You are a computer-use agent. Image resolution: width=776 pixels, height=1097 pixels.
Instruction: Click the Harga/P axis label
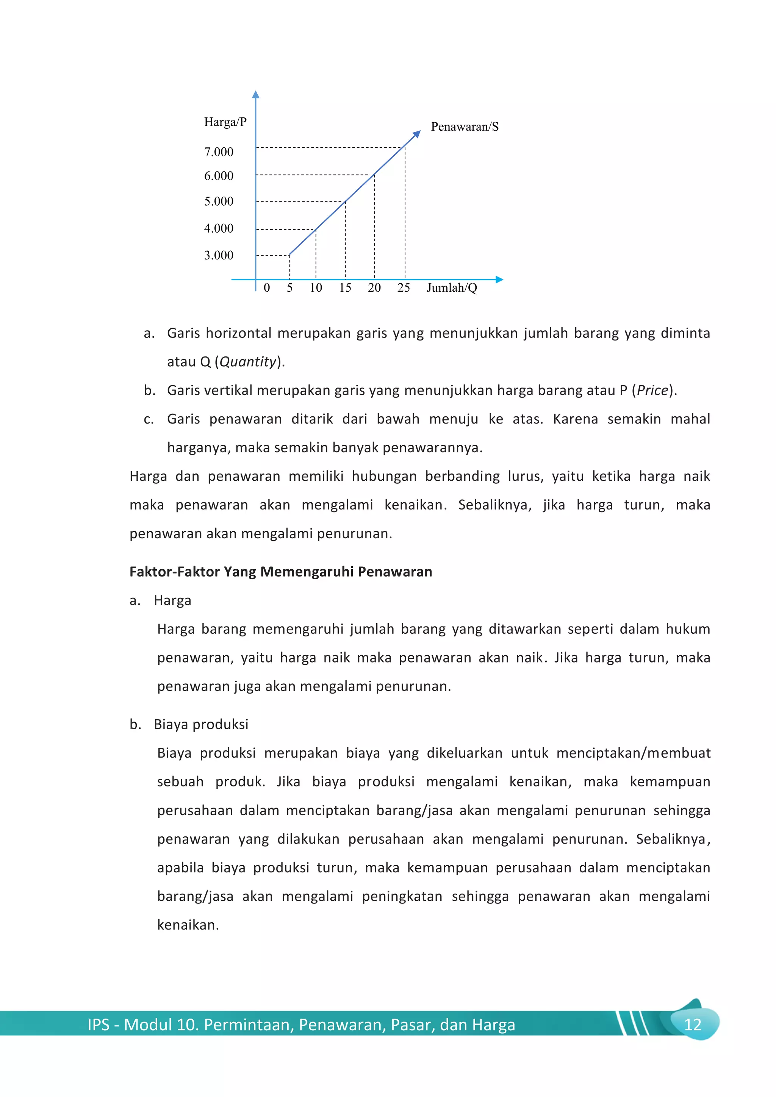click(x=225, y=122)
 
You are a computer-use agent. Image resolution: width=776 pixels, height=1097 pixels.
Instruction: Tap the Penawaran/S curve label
click(x=465, y=127)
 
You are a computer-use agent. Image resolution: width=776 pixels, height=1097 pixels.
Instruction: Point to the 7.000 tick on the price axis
click(x=219, y=152)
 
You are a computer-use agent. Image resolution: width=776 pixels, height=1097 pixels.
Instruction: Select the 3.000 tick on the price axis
click(x=219, y=255)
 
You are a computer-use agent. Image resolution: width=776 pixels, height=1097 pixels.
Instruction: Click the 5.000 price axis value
click(x=219, y=201)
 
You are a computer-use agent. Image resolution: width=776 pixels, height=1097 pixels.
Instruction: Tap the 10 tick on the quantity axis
click(x=316, y=288)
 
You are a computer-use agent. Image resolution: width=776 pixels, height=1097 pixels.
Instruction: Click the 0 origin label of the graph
click(x=267, y=288)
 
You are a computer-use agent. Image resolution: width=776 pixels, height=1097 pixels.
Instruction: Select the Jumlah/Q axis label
click(x=452, y=288)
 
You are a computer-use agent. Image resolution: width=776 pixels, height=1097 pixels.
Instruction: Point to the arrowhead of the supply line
click(x=417, y=134)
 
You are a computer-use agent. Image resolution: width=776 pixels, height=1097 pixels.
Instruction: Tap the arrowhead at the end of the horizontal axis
click(x=500, y=280)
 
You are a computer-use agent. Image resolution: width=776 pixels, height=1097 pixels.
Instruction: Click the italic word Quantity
click(x=248, y=362)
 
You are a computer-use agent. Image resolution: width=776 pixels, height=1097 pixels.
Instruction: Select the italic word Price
click(x=652, y=391)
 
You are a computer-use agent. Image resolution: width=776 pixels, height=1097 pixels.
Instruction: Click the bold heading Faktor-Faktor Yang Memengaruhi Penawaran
click(x=280, y=572)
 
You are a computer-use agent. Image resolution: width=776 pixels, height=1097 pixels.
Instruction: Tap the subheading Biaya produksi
click(x=201, y=724)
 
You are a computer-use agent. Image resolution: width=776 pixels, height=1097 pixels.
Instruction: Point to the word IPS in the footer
click(x=99, y=1025)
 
